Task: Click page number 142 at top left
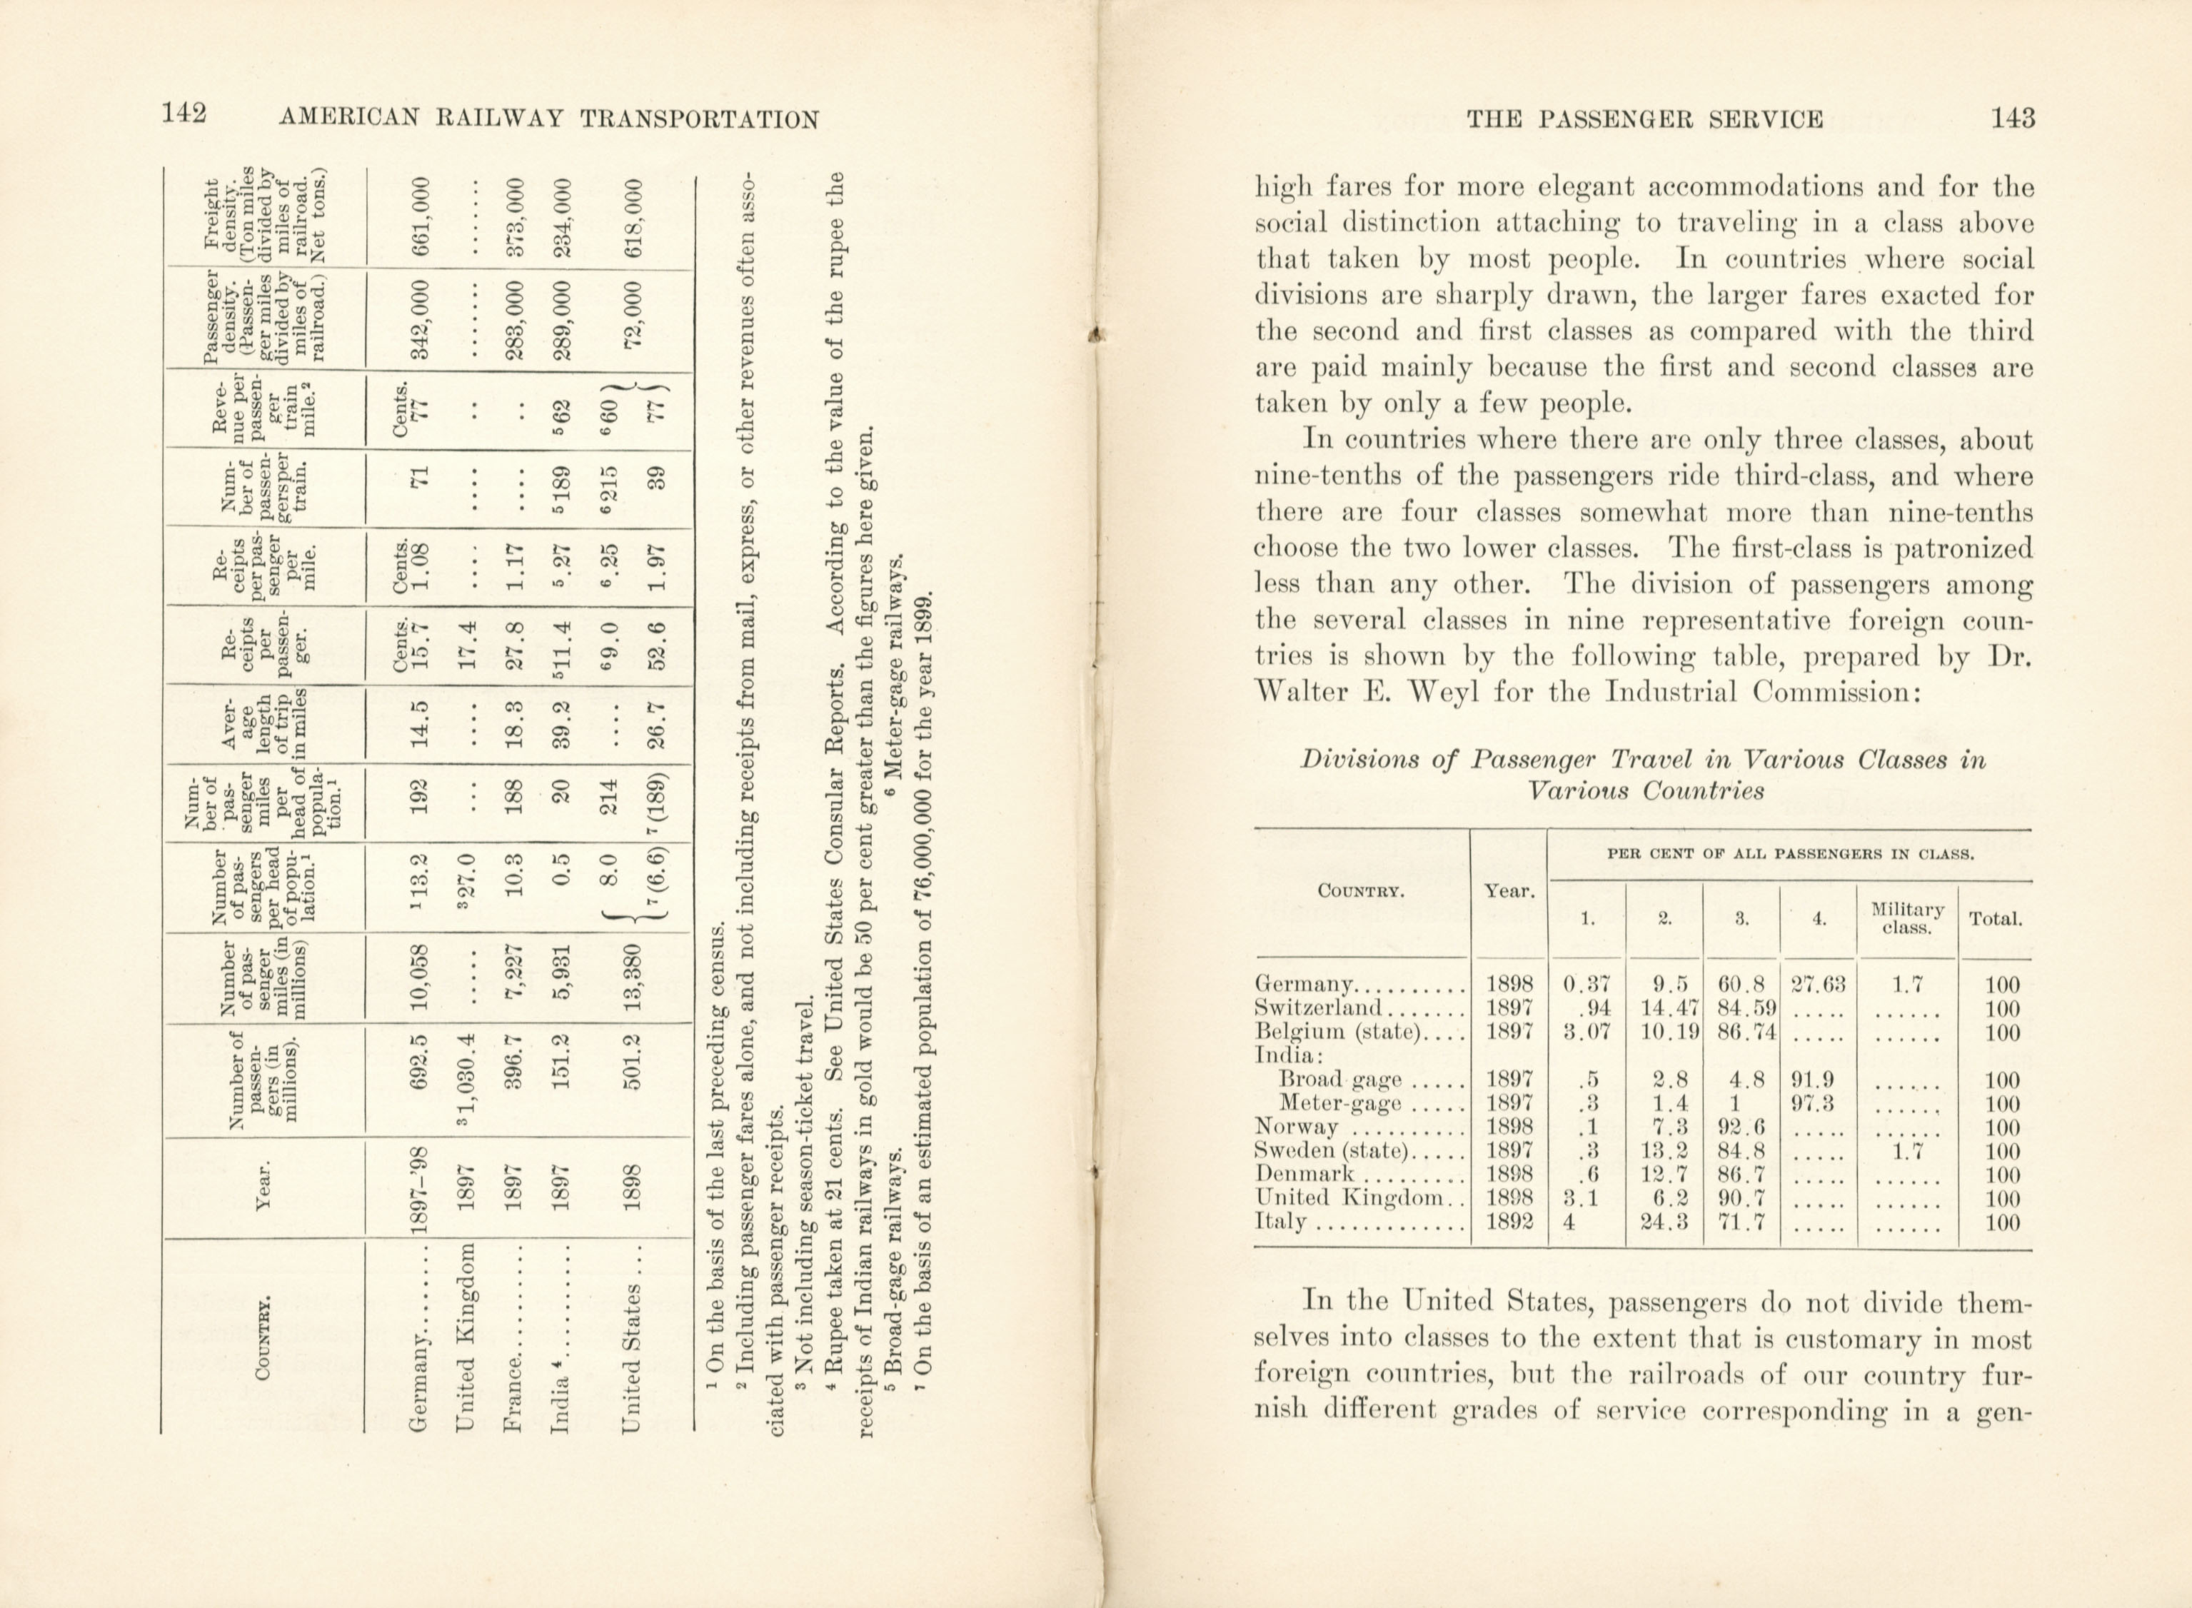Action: [184, 115]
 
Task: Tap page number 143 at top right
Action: [2012, 119]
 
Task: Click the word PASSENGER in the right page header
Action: [1618, 119]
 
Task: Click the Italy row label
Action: [1281, 1222]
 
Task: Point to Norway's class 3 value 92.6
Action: [1741, 1127]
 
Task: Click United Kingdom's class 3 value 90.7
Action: [1741, 1198]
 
